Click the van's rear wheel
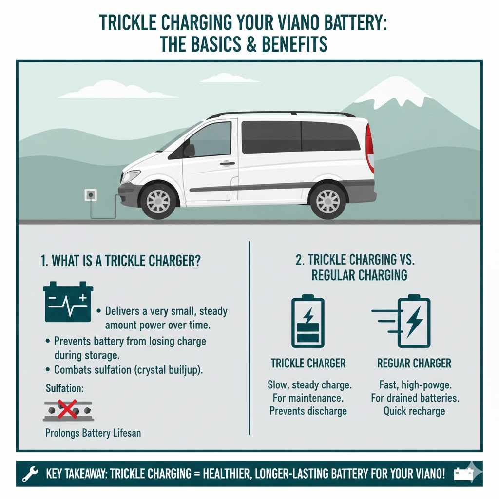328,201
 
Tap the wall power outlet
91,195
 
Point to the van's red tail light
370,148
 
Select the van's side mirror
189,150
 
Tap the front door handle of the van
227,164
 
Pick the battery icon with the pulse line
68,302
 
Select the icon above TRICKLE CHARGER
307,321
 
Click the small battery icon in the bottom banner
463,474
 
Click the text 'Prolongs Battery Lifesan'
93,433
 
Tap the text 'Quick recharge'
414,411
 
